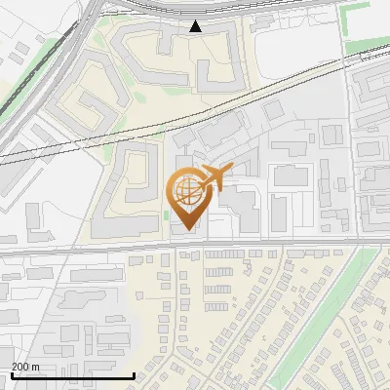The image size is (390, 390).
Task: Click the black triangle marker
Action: (x=196, y=27)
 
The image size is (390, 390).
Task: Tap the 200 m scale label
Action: (x=25, y=367)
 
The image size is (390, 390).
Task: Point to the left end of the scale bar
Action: (x=11, y=375)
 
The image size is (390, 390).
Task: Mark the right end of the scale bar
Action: (x=134, y=375)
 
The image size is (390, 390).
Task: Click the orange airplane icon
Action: (x=214, y=178)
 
